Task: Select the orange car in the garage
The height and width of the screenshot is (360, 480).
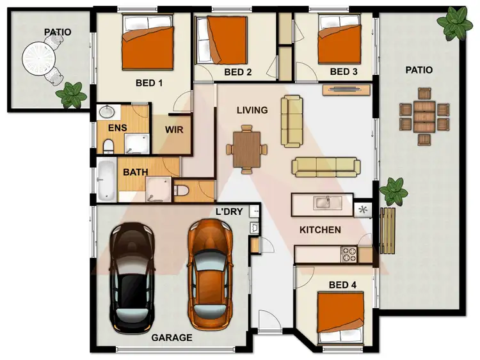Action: [209, 270]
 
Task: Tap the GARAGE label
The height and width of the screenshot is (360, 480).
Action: [172, 337]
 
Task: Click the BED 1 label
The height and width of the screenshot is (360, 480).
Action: [149, 82]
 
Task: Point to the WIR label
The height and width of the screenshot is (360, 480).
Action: [174, 130]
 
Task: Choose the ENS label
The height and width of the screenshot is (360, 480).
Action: [116, 128]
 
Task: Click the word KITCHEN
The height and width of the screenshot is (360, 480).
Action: [321, 230]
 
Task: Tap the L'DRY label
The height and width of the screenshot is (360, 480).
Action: [230, 212]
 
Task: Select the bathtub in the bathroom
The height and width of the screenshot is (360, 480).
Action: [106, 181]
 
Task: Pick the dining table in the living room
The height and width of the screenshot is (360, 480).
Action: [246, 149]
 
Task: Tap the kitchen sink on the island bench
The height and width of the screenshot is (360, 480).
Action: [322, 203]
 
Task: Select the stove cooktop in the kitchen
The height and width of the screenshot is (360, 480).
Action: [349, 254]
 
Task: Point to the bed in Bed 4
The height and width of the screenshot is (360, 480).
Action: [340, 314]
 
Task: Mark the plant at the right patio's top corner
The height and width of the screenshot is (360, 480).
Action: [456, 22]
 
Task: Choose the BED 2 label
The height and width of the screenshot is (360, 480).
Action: [237, 72]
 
